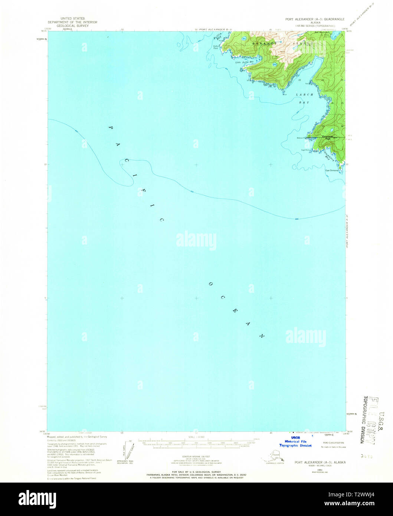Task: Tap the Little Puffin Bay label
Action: pyautogui.click(x=243, y=62)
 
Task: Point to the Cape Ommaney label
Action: pyautogui.click(x=332, y=170)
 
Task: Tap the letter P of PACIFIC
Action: pyautogui.click(x=110, y=128)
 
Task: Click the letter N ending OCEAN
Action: pyautogui.click(x=262, y=336)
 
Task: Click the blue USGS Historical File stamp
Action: pyautogui.click(x=295, y=441)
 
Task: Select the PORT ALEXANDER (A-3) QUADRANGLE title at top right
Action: pyautogui.click(x=315, y=19)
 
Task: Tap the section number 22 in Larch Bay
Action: pyautogui.click(x=299, y=79)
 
